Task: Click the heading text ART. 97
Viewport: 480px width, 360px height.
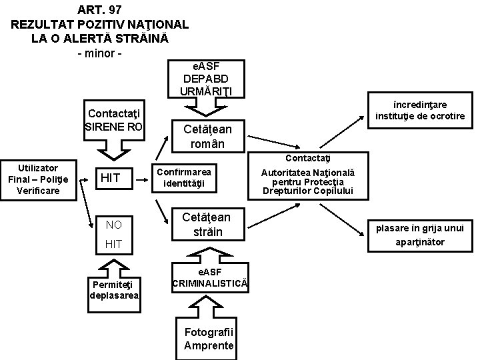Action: [x=100, y=9]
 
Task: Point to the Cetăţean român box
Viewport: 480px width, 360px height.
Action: [x=207, y=135]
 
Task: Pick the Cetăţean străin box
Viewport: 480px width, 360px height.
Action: [x=207, y=224]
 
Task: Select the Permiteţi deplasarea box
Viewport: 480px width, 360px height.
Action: [x=114, y=290]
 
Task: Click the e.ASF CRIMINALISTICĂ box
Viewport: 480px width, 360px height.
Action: [x=210, y=277]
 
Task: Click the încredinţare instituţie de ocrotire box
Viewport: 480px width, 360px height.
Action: [x=419, y=110]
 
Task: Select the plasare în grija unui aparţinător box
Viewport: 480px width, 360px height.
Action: [x=419, y=235]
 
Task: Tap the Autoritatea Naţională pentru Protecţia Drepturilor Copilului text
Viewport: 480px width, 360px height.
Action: [x=308, y=182]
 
